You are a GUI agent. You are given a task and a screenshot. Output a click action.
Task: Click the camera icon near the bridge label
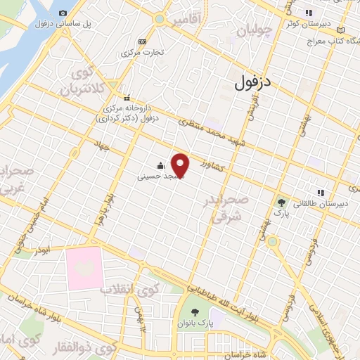(63, 13)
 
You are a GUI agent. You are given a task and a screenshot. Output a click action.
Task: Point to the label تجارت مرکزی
(143, 53)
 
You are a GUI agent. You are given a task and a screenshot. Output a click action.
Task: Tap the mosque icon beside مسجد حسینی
(161, 167)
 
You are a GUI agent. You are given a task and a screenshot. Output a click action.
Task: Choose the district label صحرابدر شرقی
(226, 208)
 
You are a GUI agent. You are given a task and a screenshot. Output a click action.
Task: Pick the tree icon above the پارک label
(281, 202)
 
